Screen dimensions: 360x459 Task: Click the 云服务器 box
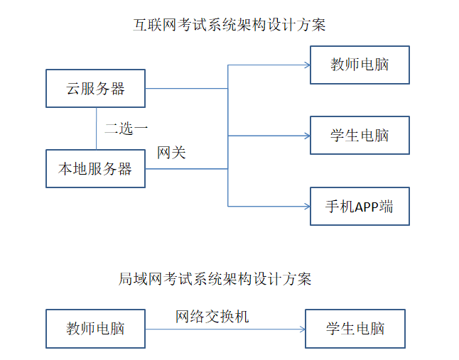click(95, 89)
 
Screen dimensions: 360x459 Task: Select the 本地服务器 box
click(95, 169)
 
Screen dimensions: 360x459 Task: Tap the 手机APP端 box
click(360, 207)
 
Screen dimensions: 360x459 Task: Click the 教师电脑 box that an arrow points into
click(360, 65)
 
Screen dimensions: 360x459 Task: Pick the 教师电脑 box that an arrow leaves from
click(95, 329)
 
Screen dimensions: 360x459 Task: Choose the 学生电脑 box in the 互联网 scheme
click(360, 135)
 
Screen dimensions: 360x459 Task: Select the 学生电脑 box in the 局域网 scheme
click(355, 329)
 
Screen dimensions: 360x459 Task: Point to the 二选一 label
click(126, 129)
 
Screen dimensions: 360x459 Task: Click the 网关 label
click(171, 153)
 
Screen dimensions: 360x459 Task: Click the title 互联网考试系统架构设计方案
click(229, 26)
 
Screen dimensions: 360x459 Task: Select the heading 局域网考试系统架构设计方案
click(215, 278)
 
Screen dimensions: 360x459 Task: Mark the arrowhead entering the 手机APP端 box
click(307, 207)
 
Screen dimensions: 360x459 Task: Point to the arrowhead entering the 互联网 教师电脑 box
click(307, 65)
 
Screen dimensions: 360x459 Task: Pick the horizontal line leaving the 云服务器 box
click(186, 89)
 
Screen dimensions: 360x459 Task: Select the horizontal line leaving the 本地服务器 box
click(186, 169)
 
